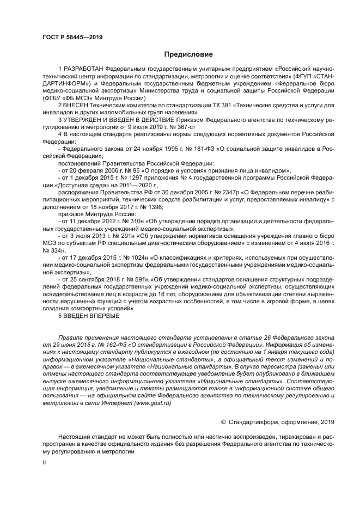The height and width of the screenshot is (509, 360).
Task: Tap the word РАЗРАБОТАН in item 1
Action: point(83,70)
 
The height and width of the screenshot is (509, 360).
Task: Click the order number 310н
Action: point(129,223)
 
